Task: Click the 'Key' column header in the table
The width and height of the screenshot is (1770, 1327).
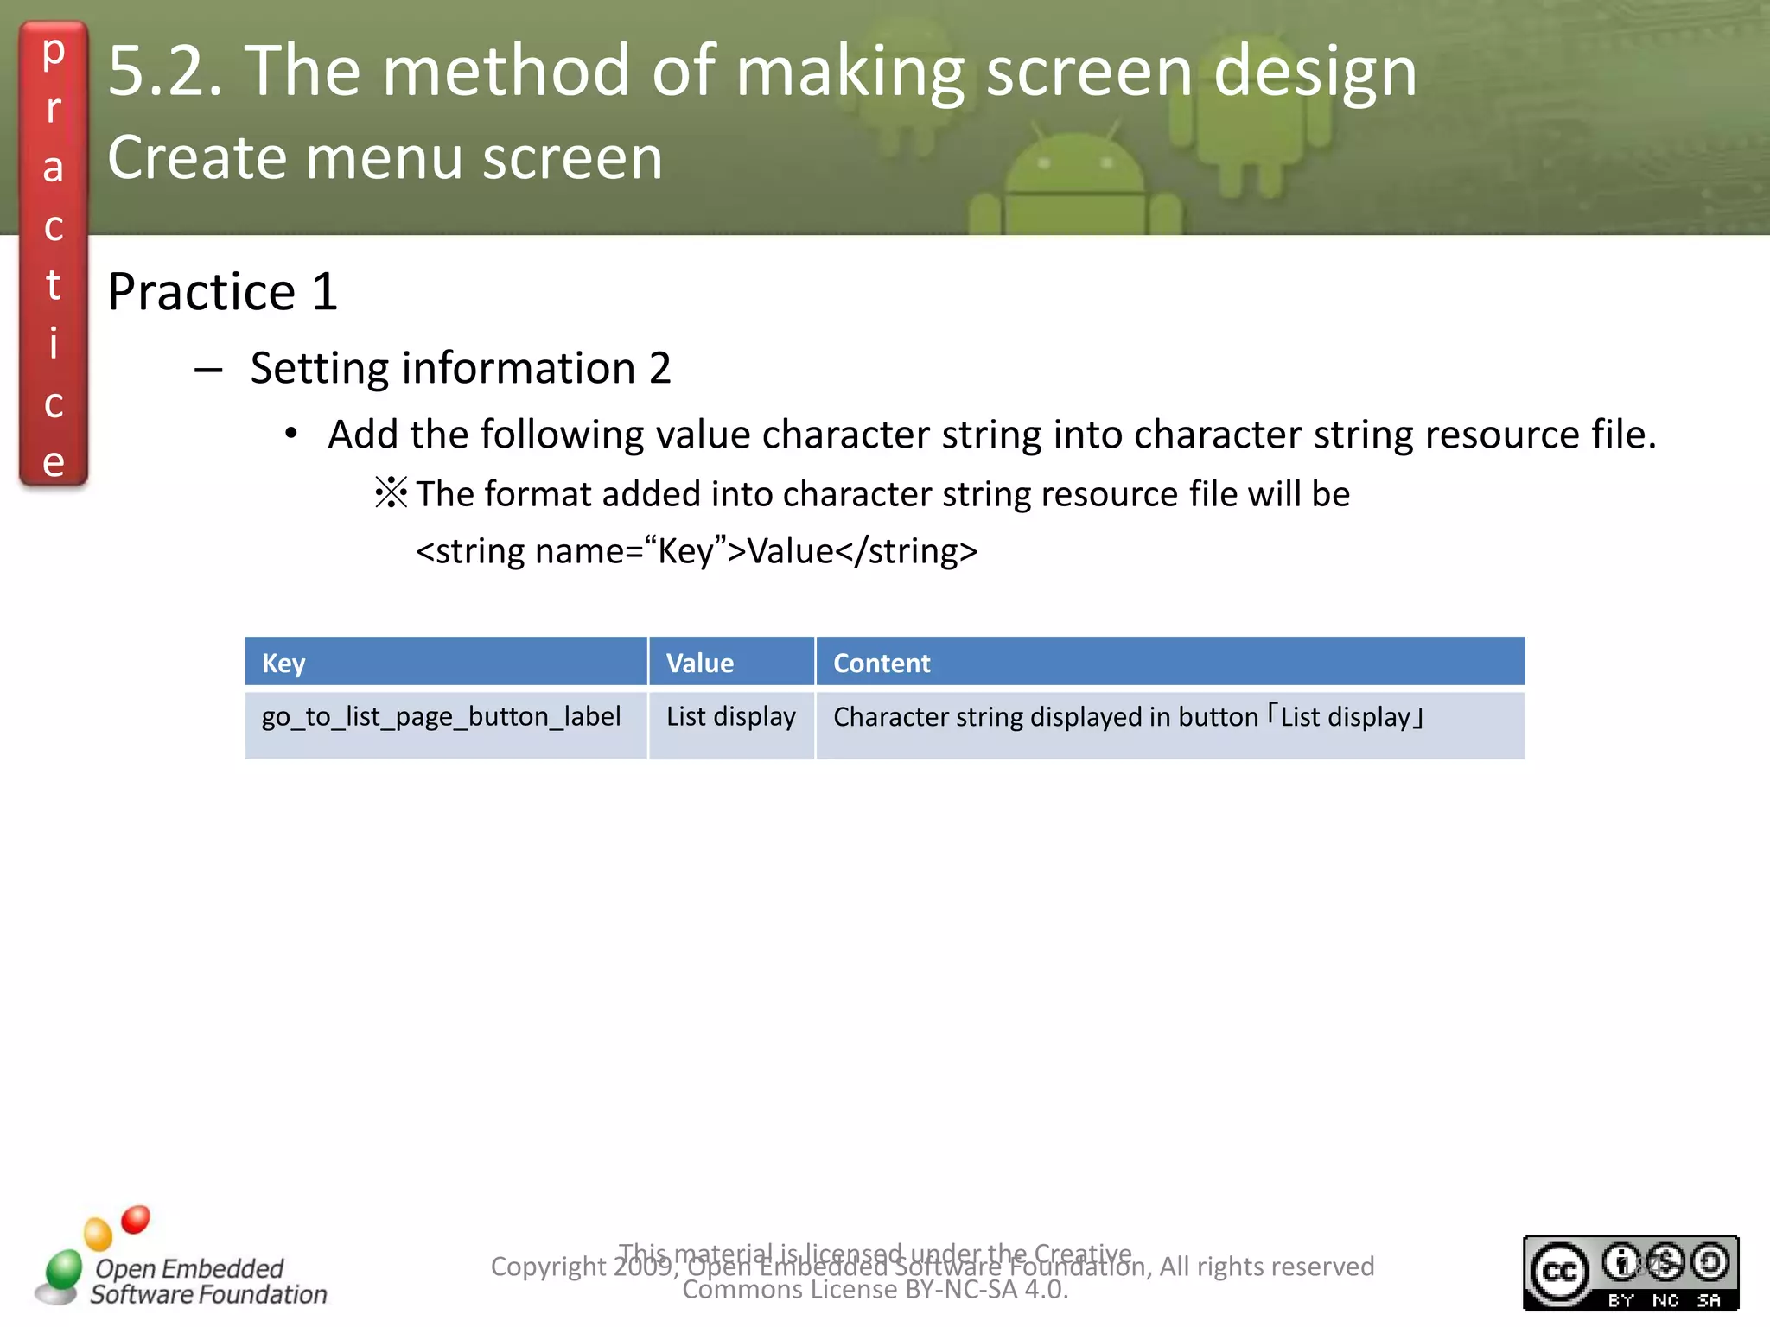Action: pos(283,663)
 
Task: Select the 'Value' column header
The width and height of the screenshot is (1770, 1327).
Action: pos(699,663)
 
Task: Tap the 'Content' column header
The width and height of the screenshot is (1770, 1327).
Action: pos(882,663)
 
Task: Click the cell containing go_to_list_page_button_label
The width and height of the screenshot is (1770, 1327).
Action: pos(441,716)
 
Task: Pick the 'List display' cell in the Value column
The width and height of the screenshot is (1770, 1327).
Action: pos(730,716)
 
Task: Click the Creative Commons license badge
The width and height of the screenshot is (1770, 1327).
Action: pos(1630,1272)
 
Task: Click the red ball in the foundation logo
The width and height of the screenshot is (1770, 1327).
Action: pos(136,1219)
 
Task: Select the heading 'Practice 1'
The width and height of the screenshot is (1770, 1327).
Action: pos(222,291)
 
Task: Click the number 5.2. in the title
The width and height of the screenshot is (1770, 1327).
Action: pos(164,71)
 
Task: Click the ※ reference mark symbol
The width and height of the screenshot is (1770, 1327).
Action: pos(391,493)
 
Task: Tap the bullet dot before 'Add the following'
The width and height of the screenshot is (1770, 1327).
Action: pos(291,434)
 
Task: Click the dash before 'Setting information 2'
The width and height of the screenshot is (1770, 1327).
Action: pos(208,371)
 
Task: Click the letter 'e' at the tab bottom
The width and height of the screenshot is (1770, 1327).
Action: pos(53,462)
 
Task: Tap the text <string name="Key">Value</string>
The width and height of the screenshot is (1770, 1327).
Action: pos(697,550)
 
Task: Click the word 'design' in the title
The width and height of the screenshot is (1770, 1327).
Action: pos(1315,71)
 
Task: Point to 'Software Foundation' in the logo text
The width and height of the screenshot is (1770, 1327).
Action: pos(208,1294)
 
